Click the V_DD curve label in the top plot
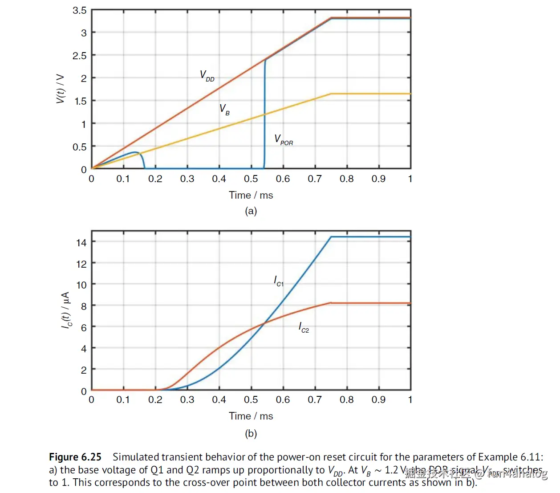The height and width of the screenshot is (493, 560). (207, 76)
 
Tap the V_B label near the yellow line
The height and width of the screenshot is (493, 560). (224, 110)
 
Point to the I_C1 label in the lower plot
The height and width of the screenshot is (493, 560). (278, 281)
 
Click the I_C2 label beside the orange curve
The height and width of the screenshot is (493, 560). (304, 327)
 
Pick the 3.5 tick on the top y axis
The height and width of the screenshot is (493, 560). (80, 10)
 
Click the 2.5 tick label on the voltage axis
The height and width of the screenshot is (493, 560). (80, 56)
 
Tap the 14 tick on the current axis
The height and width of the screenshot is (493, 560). (81, 243)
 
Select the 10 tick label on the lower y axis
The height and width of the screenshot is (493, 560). (81, 285)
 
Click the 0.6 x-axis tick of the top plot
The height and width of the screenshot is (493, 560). (283, 179)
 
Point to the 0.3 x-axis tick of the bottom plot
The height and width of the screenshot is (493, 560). (187, 400)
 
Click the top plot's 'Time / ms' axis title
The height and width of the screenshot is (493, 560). (251, 195)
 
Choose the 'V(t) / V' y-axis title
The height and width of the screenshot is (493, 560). (60, 89)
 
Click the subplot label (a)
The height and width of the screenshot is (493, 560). (251, 211)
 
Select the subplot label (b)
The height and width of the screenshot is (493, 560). (251, 433)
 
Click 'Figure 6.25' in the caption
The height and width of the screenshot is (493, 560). (75, 457)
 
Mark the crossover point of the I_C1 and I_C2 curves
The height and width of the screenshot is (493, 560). (264, 322)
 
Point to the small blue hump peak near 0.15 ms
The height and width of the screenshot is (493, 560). (136, 152)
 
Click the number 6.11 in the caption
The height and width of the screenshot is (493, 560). (532, 457)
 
